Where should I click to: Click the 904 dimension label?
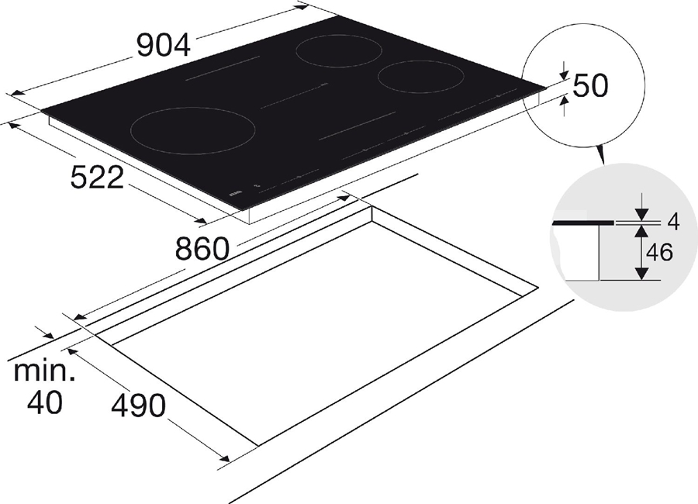pos(163,47)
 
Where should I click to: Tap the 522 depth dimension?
pos(97,178)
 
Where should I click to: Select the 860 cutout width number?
pos(202,249)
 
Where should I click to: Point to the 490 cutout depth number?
pos(138,404)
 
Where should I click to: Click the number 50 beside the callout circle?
pos(590,86)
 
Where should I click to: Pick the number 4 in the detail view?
pos(673,223)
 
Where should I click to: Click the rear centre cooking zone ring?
pos(340,52)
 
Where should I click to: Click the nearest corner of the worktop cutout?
pos(256,445)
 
